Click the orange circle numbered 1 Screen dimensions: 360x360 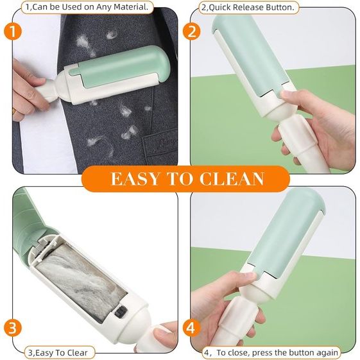pyautogui.click(x=13, y=31)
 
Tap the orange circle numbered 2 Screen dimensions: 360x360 pyautogui.click(x=192, y=31)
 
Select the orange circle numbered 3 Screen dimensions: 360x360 pyautogui.click(x=13, y=328)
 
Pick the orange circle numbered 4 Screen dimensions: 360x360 pyautogui.click(x=192, y=328)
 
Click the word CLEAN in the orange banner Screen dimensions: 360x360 pyautogui.click(x=232, y=178)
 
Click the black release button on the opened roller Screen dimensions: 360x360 pyautogui.click(x=121, y=311)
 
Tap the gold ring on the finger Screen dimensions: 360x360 pyautogui.click(x=13, y=112)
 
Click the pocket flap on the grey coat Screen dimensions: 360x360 pyautogui.click(x=160, y=143)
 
